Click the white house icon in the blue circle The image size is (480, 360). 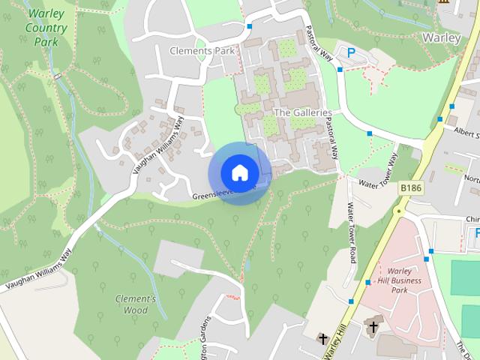[x=238, y=172]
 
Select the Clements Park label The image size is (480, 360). [x=202, y=51]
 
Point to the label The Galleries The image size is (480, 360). [x=302, y=112]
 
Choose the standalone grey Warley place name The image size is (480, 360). [x=440, y=37]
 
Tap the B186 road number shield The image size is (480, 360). [x=410, y=187]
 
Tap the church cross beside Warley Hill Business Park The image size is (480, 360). [x=373, y=326]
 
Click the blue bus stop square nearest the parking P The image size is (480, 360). [x=340, y=70]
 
